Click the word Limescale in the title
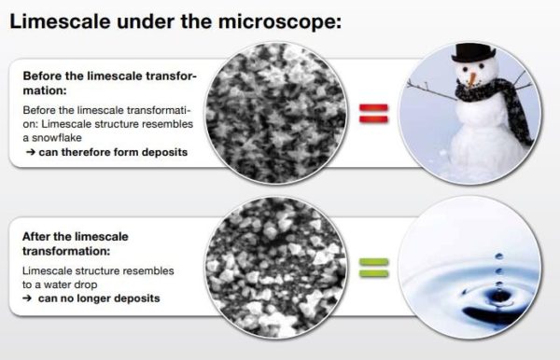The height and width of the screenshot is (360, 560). click(53, 20)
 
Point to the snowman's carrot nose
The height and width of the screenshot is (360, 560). click(473, 77)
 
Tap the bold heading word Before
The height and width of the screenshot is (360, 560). click(41, 75)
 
